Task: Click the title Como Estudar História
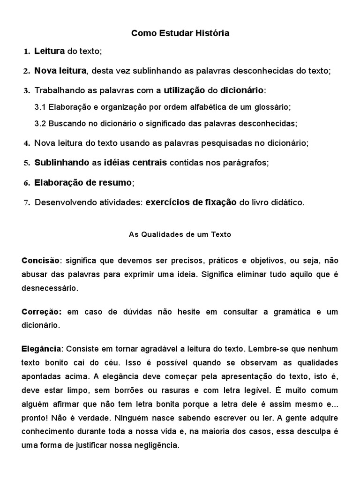coord(180,33)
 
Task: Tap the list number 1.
coord(27,51)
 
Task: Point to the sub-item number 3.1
coord(40,107)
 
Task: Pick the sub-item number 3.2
coord(40,124)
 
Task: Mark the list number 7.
coord(27,203)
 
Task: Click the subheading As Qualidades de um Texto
coord(180,234)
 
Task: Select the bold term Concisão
coord(40,260)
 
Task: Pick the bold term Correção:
coord(42,312)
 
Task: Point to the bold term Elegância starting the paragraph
coord(41,349)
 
